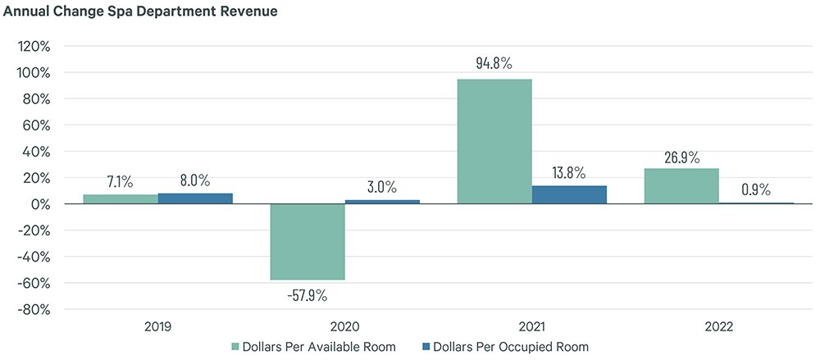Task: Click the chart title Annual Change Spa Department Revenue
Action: (x=140, y=12)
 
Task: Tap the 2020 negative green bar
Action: (x=307, y=242)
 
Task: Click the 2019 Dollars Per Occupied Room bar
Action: (x=195, y=198)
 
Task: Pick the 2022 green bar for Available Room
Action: (x=681, y=186)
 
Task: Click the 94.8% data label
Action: (x=494, y=63)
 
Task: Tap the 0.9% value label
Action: (x=755, y=189)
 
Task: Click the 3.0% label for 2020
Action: (x=382, y=186)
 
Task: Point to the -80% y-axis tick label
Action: (x=34, y=310)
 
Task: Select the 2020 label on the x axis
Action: (x=344, y=326)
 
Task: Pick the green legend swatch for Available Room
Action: (x=235, y=347)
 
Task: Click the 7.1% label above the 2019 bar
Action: (x=121, y=180)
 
